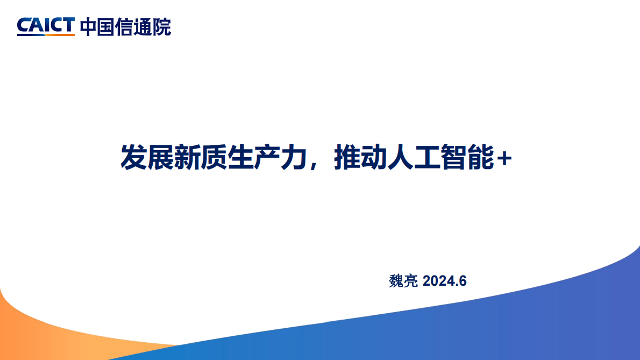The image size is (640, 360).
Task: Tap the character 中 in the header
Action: tap(89, 27)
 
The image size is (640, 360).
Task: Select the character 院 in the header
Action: tap(162, 27)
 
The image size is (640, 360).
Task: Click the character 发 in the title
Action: tap(133, 158)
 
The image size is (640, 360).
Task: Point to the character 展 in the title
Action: tap(160, 158)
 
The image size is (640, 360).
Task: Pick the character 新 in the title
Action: tap(187, 158)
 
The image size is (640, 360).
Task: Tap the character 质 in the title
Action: tap(214, 158)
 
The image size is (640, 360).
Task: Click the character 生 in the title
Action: tap(240, 158)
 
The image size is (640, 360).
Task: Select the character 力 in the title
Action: tap(294, 158)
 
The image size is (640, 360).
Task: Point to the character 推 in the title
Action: tap(347, 158)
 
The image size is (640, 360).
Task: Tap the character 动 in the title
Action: tap(374, 158)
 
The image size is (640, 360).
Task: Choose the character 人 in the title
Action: tap(401, 158)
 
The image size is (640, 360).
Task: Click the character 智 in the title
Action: tap(454, 158)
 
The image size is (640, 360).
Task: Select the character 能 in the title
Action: tap(481, 158)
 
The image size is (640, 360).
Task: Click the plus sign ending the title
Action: tap(504, 158)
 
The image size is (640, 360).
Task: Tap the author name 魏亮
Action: tap(403, 281)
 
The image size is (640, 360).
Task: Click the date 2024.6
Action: tap(444, 281)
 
